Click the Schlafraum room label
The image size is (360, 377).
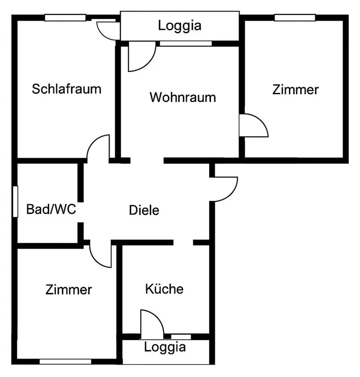(x=67, y=89)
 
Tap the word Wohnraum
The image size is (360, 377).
(x=183, y=97)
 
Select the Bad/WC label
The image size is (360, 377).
(x=51, y=209)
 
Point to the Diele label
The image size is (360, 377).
(x=144, y=210)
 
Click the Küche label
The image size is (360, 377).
(x=164, y=289)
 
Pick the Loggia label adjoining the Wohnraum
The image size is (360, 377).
(x=179, y=26)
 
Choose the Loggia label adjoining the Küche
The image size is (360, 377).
(x=165, y=347)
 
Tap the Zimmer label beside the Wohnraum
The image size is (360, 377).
(x=296, y=90)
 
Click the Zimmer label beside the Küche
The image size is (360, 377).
(x=68, y=290)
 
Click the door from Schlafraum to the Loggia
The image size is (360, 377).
(x=107, y=30)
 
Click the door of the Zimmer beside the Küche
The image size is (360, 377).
(x=101, y=256)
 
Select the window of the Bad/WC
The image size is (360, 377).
(x=15, y=201)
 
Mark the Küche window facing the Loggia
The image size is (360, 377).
(x=181, y=336)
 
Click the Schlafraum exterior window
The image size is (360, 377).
(x=65, y=17)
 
